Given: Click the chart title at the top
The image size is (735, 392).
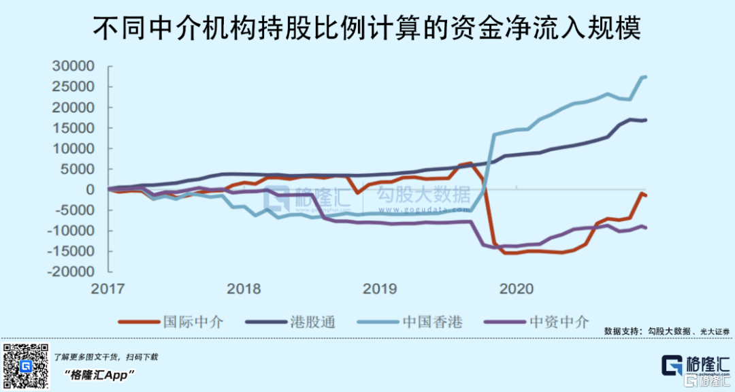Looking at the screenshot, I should coord(367,29).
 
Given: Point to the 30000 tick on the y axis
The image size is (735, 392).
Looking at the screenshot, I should coord(74,67).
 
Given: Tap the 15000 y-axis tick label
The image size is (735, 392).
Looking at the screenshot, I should coord(74,128).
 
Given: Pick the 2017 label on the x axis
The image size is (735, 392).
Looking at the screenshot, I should coord(108,289).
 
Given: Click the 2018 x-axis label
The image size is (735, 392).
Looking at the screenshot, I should coord(243,289).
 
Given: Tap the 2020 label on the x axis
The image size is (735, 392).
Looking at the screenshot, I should coord(516,289).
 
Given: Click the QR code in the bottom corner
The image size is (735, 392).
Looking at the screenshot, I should coord(26,365).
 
